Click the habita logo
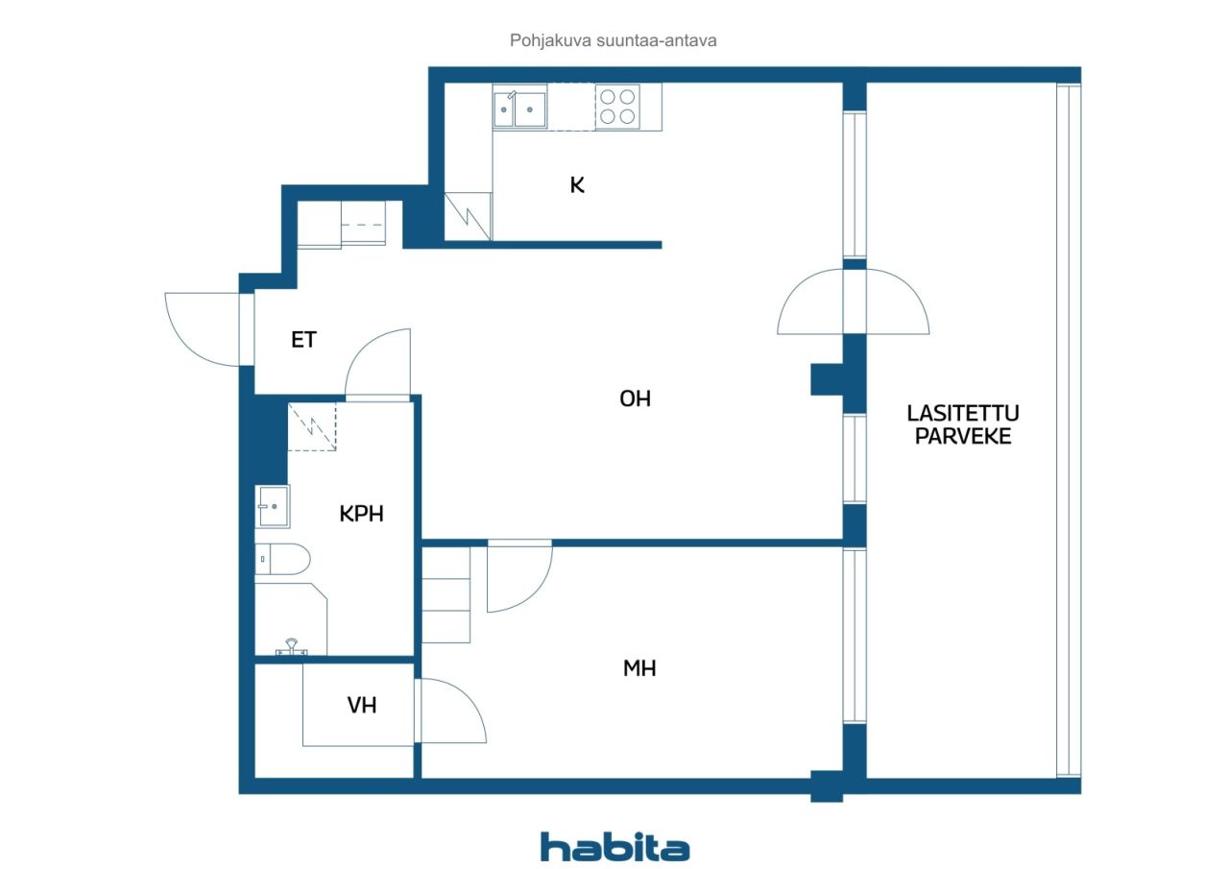tap(615, 847)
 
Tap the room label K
tap(577, 185)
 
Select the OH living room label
tap(635, 398)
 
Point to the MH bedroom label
tap(639, 667)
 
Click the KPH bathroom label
tap(361, 514)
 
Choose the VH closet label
tap(362, 705)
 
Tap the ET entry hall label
tap(303, 340)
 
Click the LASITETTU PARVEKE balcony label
tap(963, 424)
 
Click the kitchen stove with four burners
tap(617, 107)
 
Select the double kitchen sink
tap(519, 109)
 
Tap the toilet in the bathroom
tap(282, 559)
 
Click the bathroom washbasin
tap(273, 506)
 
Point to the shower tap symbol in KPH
tap(291, 647)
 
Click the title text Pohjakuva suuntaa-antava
tap(613, 40)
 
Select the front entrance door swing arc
tap(185, 347)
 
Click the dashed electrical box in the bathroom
tap(312, 427)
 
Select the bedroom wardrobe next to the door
tap(446, 594)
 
